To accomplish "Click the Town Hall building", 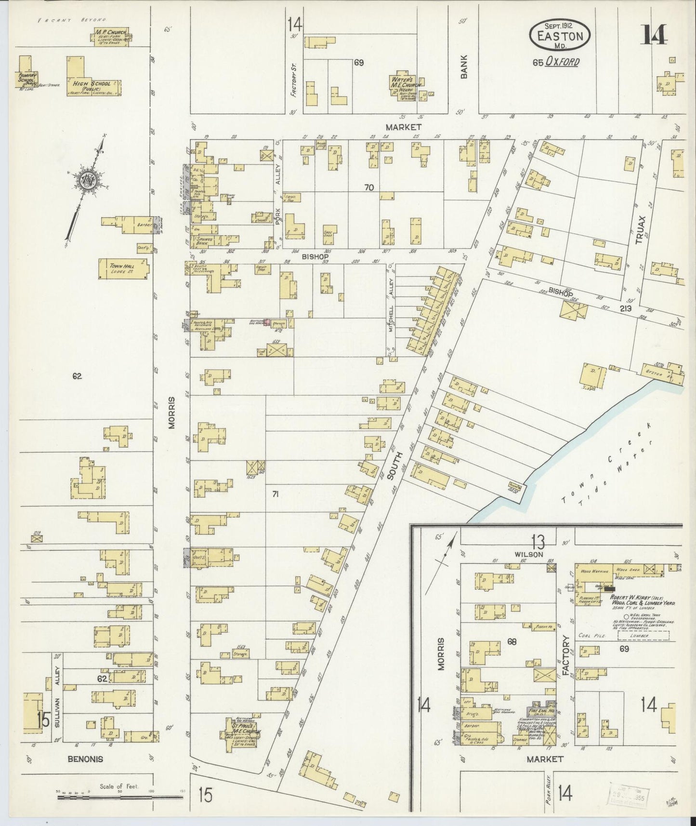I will [x=123, y=268].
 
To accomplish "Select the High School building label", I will [x=92, y=84].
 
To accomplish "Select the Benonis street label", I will [x=86, y=759].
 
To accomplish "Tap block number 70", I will [x=369, y=188].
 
